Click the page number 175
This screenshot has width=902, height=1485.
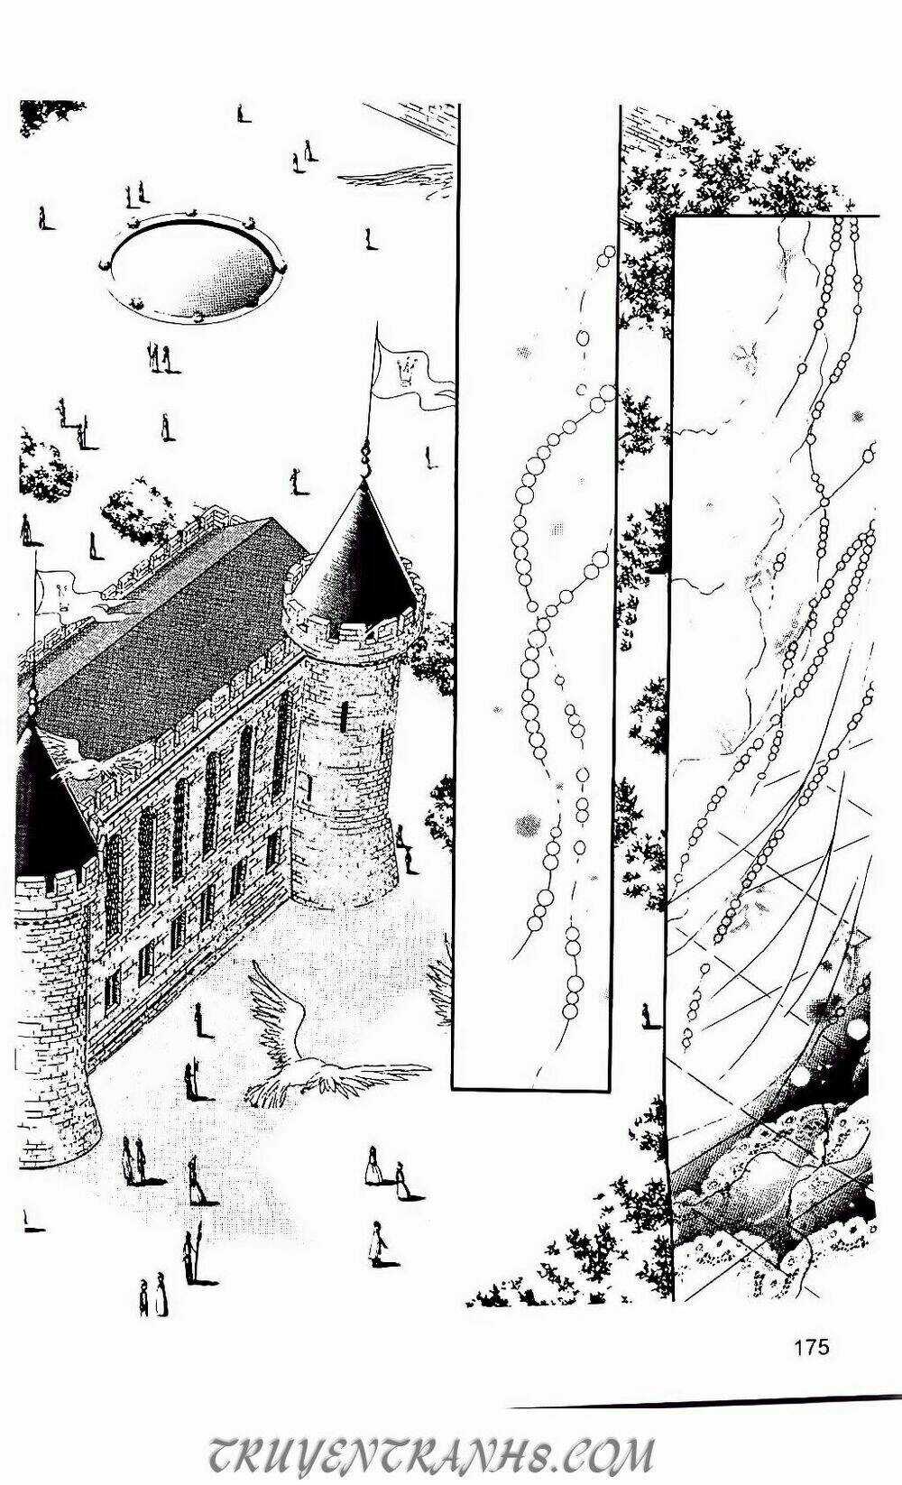[x=812, y=1348]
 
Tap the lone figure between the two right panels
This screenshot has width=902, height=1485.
[x=647, y=1015]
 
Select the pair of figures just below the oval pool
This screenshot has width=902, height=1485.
[x=159, y=357]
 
